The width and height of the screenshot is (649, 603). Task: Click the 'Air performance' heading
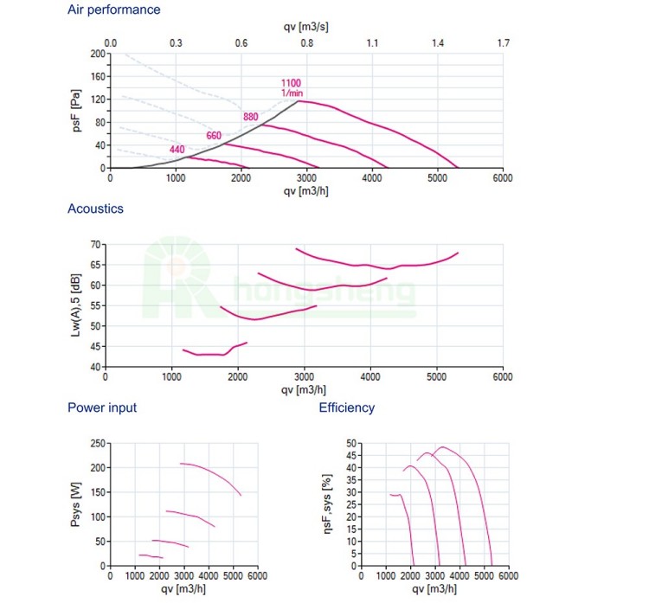pos(113,10)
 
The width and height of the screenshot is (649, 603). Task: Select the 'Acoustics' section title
pos(95,208)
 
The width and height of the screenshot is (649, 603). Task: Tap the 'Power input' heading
pos(102,407)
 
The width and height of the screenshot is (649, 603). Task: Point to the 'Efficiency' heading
pos(347,407)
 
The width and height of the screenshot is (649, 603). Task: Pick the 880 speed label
pos(251,117)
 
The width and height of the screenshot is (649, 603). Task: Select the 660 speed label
pos(214,135)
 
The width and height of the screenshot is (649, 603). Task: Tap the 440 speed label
pos(177,150)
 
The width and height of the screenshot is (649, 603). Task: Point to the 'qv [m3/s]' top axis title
pos(306,26)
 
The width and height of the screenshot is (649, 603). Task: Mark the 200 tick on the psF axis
pos(97,54)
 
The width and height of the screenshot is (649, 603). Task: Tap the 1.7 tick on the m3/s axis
pos(503,42)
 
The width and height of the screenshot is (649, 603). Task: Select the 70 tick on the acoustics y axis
pos(94,245)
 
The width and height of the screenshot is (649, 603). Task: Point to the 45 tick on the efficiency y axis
pos(350,455)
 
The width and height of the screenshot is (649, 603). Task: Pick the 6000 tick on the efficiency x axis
pos(508,575)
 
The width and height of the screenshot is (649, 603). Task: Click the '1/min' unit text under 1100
pos(290,93)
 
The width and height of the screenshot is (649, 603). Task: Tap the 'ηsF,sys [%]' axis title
pos(326,504)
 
